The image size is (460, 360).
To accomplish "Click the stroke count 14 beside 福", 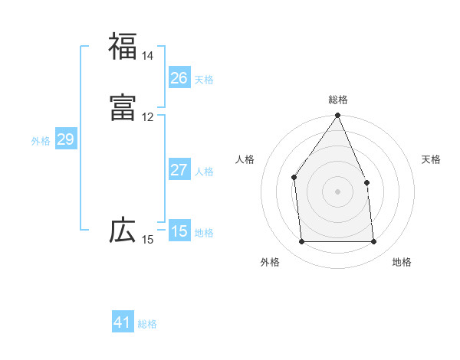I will (x=147, y=56).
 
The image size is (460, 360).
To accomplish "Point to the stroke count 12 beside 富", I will (x=147, y=117).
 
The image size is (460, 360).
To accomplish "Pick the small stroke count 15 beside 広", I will (x=147, y=240).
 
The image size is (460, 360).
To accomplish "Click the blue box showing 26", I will (x=179, y=77).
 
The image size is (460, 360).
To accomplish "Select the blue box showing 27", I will (x=179, y=170).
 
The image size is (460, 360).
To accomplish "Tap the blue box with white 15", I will (x=179, y=231).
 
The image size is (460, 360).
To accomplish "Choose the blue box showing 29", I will (x=65, y=139).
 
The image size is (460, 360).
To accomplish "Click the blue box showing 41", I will (x=123, y=322).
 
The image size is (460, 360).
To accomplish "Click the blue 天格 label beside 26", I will (x=204, y=79).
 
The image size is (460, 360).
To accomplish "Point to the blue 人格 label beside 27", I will (x=204, y=172).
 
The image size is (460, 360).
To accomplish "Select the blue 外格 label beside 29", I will (x=41, y=141).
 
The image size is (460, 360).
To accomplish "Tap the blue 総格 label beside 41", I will (x=147, y=324).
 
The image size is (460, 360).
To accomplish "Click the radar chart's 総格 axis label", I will (x=338, y=100).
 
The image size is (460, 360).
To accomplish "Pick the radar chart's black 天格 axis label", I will (x=432, y=159).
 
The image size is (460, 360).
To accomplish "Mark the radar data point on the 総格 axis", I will (x=338, y=116).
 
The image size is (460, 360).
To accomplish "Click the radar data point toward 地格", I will (x=374, y=242).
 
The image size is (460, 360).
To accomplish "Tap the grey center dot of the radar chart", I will (x=338, y=191).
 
